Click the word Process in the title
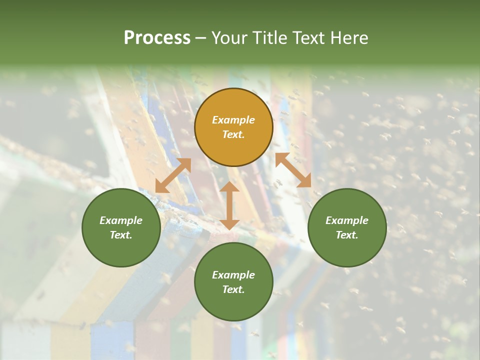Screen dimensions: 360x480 (x=157, y=38)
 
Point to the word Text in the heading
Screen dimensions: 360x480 (x=310, y=38)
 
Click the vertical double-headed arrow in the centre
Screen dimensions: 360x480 (x=229, y=205)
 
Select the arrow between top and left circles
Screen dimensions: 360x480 (x=173, y=175)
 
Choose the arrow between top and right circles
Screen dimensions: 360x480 (x=293, y=170)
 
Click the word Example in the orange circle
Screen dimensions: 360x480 (x=233, y=120)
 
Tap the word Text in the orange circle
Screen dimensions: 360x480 (x=233, y=134)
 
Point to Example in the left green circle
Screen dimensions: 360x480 (x=121, y=220)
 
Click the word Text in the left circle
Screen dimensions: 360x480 (x=121, y=235)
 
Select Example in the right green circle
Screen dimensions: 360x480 (x=347, y=220)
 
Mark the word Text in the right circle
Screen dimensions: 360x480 (x=347, y=235)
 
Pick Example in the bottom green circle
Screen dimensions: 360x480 (x=233, y=275)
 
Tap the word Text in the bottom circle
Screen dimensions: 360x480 (x=233, y=289)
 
